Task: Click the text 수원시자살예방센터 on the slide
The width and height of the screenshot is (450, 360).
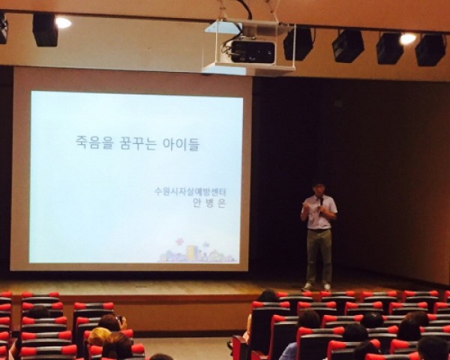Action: [190, 191]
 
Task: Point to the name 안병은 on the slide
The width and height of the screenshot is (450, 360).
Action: [209, 202]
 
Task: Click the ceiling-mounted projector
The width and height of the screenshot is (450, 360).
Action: [250, 51]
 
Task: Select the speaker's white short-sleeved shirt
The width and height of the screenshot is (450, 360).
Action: [319, 211]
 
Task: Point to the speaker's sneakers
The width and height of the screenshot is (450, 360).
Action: [316, 286]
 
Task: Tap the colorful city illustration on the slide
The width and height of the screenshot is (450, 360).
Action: [197, 253]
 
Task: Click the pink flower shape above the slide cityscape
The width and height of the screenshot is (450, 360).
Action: [179, 242]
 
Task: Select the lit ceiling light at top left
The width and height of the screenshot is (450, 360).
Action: [63, 22]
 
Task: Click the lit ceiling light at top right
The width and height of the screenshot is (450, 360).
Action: [408, 39]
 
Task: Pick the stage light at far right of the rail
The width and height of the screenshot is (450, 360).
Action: [430, 50]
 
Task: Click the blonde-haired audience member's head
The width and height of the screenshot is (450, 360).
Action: [99, 336]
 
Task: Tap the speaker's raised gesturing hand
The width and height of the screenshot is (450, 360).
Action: [304, 205]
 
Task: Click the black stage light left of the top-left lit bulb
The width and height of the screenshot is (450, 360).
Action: [45, 30]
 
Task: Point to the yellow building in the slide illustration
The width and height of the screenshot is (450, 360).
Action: [191, 252]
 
